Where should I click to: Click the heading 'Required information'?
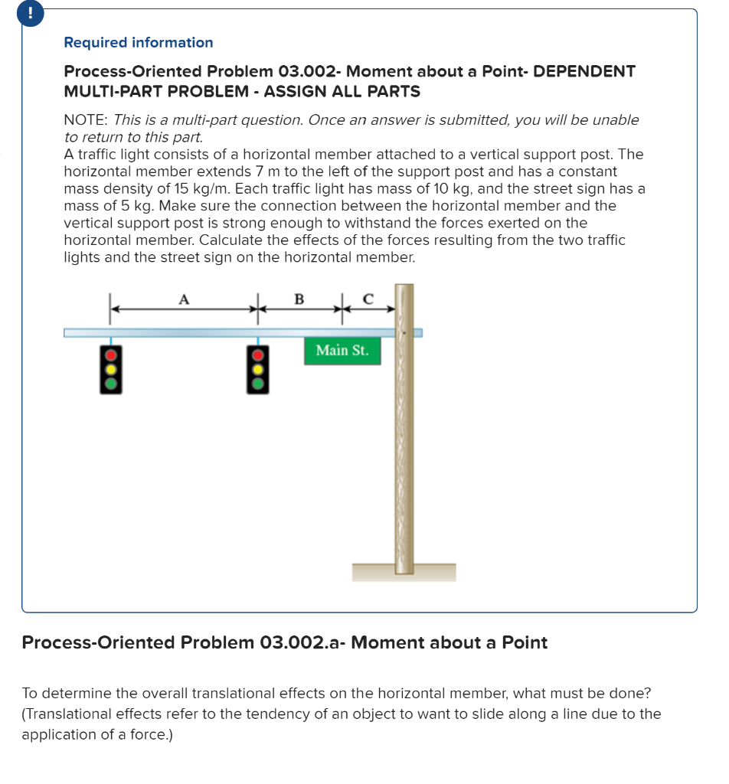pyautogui.click(x=138, y=43)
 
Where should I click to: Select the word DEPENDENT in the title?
pyautogui.click(x=584, y=71)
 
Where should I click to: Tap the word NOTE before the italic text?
pyautogui.click(x=85, y=120)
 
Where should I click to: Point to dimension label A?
pyautogui.click(x=183, y=300)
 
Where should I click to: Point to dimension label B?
pyautogui.click(x=299, y=299)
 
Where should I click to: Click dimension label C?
pyautogui.click(x=367, y=300)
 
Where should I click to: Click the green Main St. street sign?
pyautogui.click(x=342, y=351)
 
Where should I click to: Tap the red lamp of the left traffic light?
pyautogui.click(x=111, y=356)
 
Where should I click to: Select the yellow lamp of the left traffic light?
pyautogui.click(x=111, y=369)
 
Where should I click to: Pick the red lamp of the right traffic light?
pyautogui.click(x=258, y=356)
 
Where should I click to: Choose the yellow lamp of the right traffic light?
pyautogui.click(x=258, y=369)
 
